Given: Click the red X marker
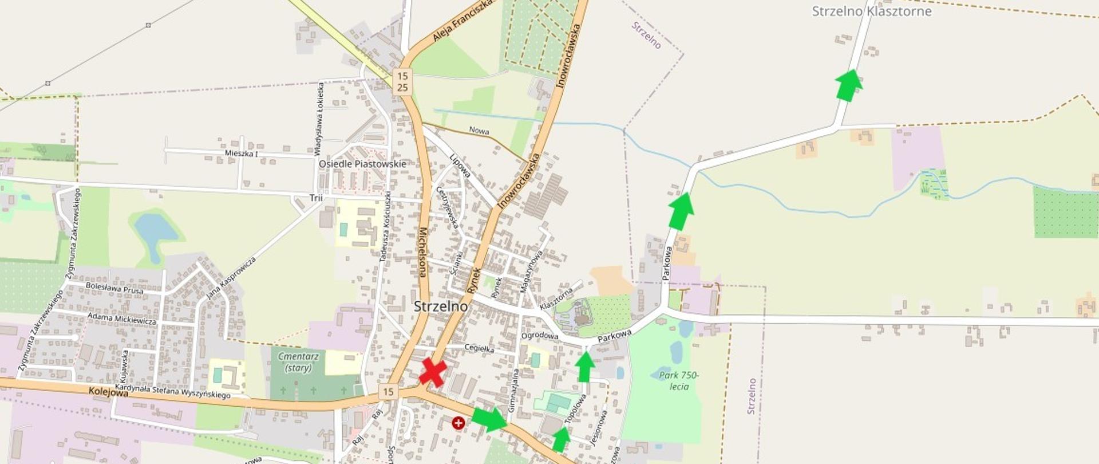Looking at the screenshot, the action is point(433,372).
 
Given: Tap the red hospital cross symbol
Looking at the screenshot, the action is point(458,423).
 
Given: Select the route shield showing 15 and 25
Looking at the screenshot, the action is point(402,81).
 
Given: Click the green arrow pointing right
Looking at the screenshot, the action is point(489,419).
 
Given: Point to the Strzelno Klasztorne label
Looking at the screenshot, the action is point(871,11).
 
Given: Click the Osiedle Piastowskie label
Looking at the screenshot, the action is point(362,164).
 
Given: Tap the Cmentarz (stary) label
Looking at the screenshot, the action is point(298,361).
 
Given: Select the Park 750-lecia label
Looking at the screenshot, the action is point(678,381).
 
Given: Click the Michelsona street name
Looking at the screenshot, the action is point(422,253).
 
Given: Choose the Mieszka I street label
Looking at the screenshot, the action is point(241,154).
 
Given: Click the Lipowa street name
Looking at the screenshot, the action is point(460,166).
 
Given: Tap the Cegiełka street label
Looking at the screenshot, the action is point(479,348).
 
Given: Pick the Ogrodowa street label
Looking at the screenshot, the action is point(539,336).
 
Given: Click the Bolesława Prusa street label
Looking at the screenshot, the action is point(114,287).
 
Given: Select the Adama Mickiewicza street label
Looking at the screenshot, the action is point(122,318).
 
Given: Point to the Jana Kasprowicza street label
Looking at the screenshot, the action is point(231,278).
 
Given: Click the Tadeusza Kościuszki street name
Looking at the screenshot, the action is point(386,227).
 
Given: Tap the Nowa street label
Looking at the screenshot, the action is point(479,131).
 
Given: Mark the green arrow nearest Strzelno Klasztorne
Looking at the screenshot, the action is point(848,85).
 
